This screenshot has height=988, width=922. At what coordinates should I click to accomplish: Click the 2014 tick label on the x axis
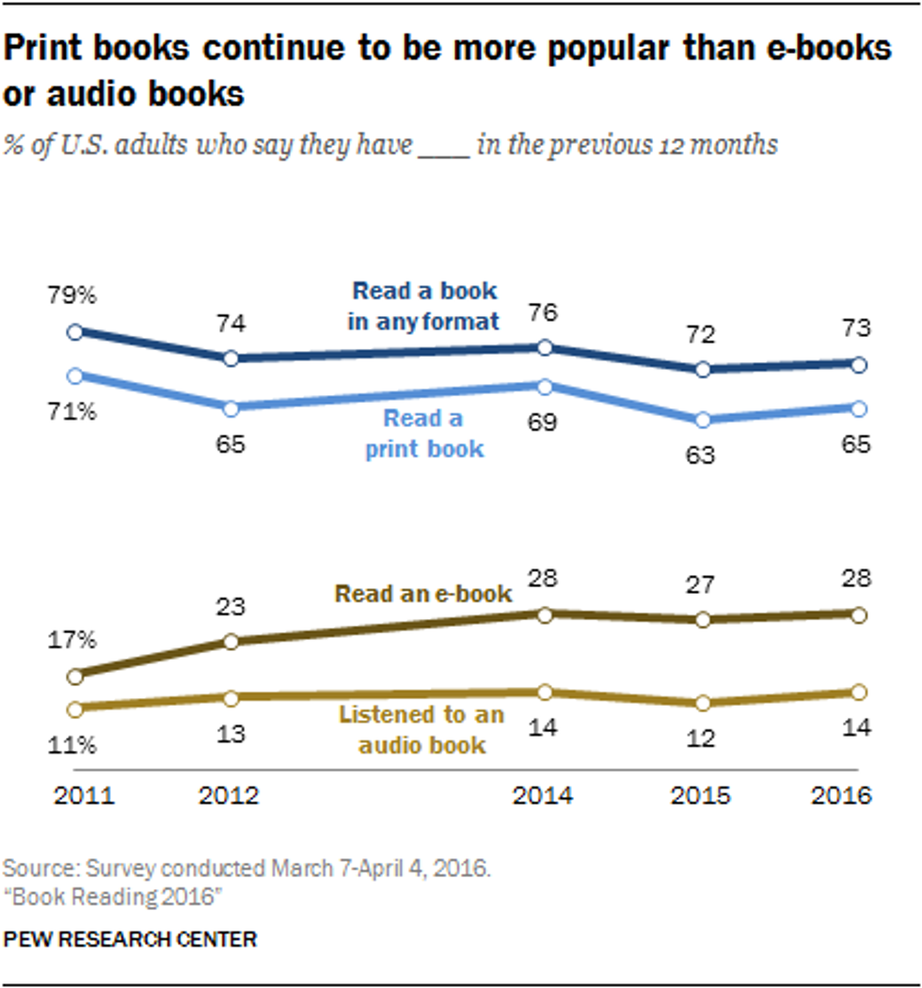pos(544,795)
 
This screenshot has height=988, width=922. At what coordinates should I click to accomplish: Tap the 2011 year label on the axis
pos(85,795)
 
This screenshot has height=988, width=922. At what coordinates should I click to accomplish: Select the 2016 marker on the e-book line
pos(858,614)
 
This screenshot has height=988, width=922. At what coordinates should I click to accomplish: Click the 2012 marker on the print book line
pos(231,407)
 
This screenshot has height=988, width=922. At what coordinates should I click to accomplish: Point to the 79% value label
pos(73,295)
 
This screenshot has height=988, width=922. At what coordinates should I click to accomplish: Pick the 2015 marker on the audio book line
pos(700,703)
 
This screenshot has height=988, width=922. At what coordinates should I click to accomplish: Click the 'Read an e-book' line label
pos(424,594)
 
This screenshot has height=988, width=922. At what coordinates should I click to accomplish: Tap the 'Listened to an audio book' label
pos(421,730)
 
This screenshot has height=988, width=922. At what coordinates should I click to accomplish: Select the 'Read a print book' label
pos(423,434)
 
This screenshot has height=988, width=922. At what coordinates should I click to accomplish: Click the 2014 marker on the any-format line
pos(544,347)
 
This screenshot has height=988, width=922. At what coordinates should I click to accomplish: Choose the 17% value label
pos(73,641)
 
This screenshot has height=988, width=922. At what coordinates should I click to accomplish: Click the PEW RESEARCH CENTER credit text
pos(131,938)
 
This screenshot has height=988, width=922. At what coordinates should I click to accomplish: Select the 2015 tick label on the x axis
pos(700,795)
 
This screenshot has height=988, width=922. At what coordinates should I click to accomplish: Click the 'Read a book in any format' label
pos(424,306)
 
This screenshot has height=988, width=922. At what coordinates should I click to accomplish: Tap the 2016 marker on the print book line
pos(858,407)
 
